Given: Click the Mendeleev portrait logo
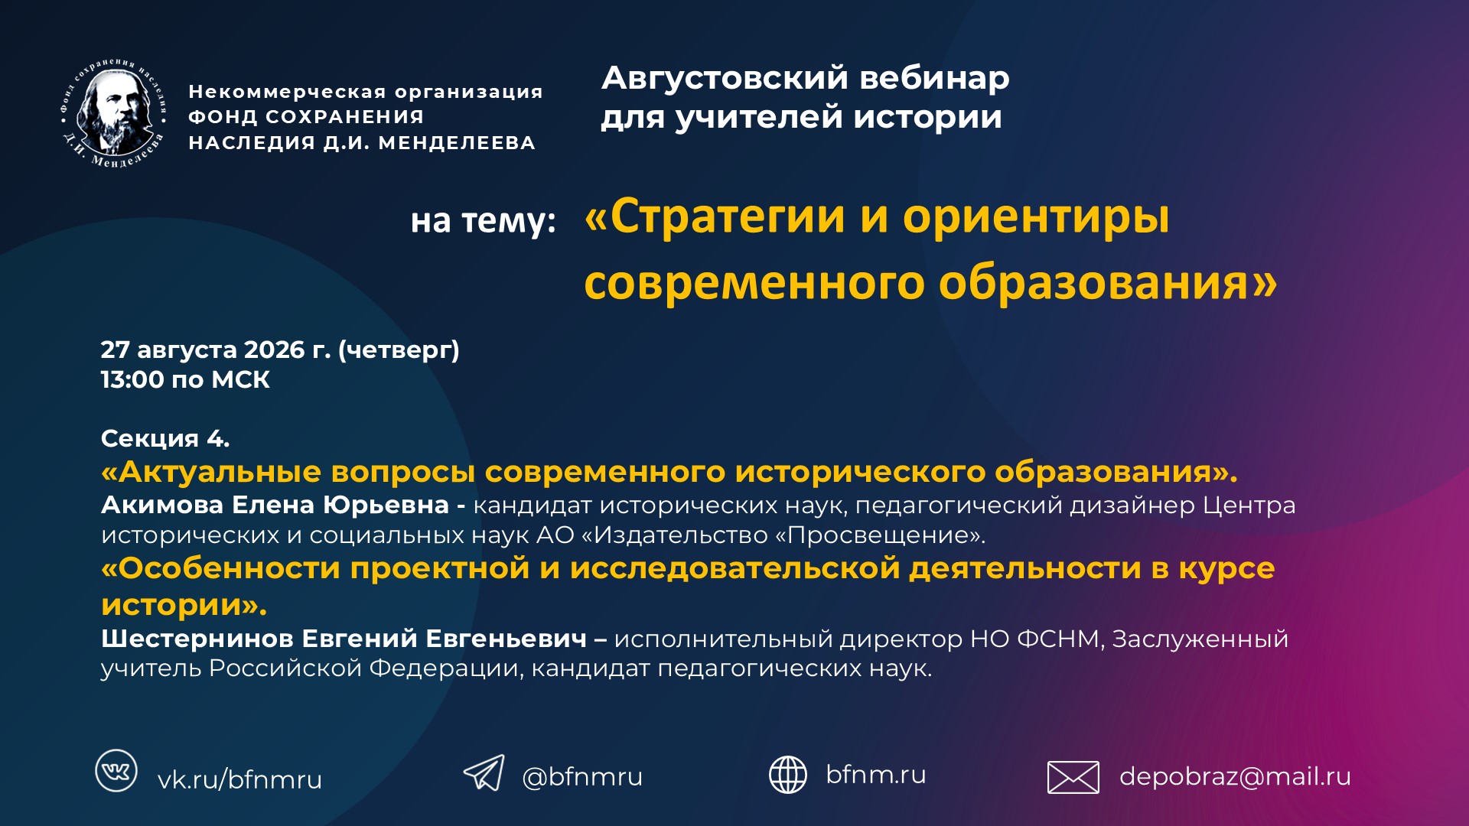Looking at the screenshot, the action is pyautogui.click(x=113, y=113).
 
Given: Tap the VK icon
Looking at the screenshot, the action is pyautogui.click(x=116, y=770).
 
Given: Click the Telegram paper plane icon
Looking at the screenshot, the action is pyautogui.click(x=484, y=772).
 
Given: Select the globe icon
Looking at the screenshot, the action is pyautogui.click(x=787, y=775).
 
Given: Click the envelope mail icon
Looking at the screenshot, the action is pyautogui.click(x=1073, y=778).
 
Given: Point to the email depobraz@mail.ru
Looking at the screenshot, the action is pyautogui.click(x=1235, y=776).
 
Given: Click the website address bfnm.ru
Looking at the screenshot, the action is pyautogui.click(x=876, y=774).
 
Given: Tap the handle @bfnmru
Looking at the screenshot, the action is pyautogui.click(x=582, y=777).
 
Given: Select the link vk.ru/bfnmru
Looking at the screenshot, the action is pyautogui.click(x=239, y=779).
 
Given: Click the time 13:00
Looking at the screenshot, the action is pyautogui.click(x=132, y=379).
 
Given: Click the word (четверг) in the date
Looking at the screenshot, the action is pyautogui.click(x=399, y=350).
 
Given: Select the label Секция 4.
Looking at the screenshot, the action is pyautogui.click(x=165, y=439).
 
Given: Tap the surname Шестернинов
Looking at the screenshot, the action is pyautogui.click(x=196, y=639).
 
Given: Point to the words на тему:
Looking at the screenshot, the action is pyautogui.click(x=483, y=221).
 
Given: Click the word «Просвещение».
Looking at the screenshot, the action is pyautogui.click(x=881, y=535).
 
